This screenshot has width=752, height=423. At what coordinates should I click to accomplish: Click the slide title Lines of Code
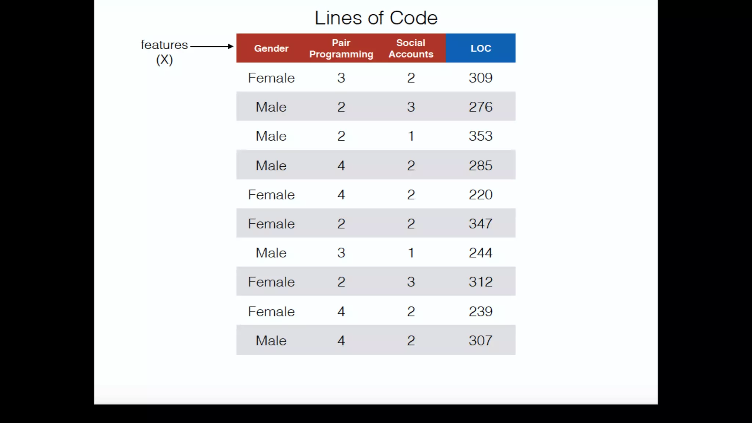pyautogui.click(x=376, y=18)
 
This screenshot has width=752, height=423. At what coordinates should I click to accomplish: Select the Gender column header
pyautogui.click(x=271, y=48)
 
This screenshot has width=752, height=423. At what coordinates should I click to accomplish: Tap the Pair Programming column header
pyautogui.click(x=341, y=48)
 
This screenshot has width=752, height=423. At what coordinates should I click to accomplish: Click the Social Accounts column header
pyautogui.click(x=411, y=48)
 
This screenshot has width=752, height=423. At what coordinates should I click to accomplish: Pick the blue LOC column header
pyautogui.click(x=481, y=48)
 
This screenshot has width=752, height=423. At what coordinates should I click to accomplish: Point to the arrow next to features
pyautogui.click(x=212, y=46)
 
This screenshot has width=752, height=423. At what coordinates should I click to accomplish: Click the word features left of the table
pyautogui.click(x=164, y=45)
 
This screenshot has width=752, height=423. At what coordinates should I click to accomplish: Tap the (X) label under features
pyautogui.click(x=164, y=59)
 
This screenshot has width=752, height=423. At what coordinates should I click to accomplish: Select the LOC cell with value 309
pyautogui.click(x=480, y=78)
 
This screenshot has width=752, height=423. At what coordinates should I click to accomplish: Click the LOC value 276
pyautogui.click(x=480, y=107)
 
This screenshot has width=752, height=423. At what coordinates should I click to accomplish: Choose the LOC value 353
pyautogui.click(x=480, y=136)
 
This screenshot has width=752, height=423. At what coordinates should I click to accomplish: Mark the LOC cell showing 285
pyautogui.click(x=480, y=165)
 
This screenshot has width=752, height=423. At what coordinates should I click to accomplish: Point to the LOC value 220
pyautogui.click(x=480, y=195)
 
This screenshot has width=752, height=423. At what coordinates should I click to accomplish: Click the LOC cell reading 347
pyautogui.click(x=480, y=224)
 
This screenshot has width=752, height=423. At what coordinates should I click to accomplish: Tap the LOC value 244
pyautogui.click(x=480, y=253)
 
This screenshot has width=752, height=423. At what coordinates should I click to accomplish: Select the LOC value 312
pyautogui.click(x=480, y=282)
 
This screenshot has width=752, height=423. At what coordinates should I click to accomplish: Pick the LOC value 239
pyautogui.click(x=480, y=311)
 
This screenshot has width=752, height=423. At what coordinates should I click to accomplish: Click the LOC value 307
pyautogui.click(x=480, y=340)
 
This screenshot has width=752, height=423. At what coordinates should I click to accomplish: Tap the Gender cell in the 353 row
pyautogui.click(x=271, y=136)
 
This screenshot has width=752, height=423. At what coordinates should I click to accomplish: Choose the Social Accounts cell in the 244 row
pyautogui.click(x=411, y=253)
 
